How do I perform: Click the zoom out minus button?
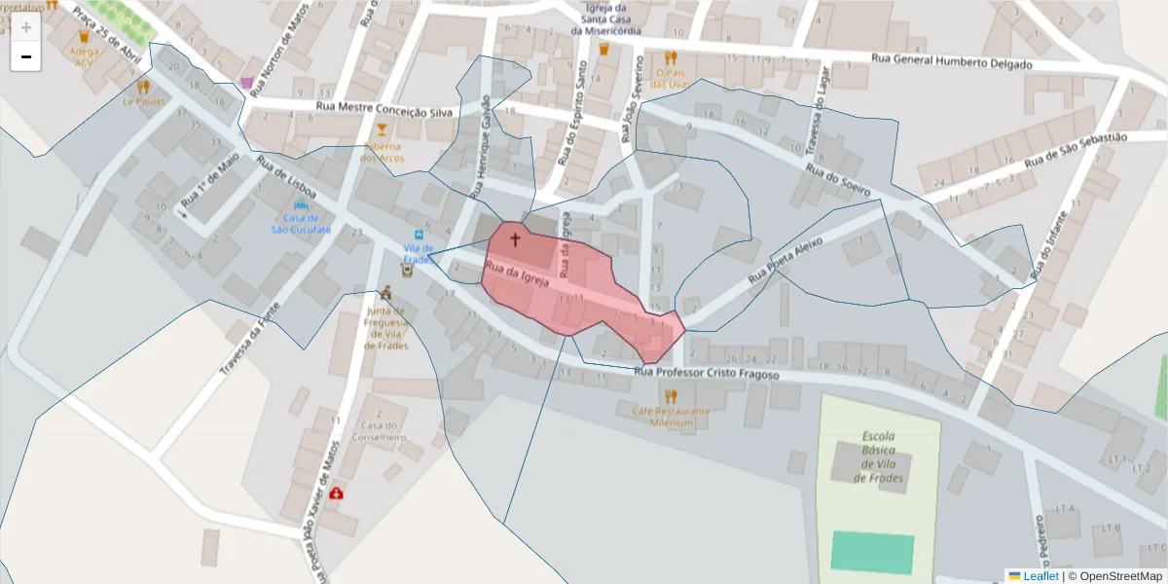[26, 56]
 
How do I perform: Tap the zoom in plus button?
[26, 26]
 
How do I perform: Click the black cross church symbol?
[515, 237]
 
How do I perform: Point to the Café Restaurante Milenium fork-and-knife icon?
[670, 396]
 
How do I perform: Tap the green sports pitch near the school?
[872, 553]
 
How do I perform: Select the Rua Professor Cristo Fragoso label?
[706, 373]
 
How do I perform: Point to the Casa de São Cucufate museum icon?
[301, 206]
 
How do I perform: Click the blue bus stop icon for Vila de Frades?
[420, 235]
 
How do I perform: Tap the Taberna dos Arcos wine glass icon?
[382, 129]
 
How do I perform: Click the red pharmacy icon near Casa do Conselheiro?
[337, 493]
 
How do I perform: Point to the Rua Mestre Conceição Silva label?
[384, 110]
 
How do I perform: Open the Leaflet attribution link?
[1040, 576]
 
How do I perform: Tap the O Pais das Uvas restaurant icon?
[670, 58]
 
